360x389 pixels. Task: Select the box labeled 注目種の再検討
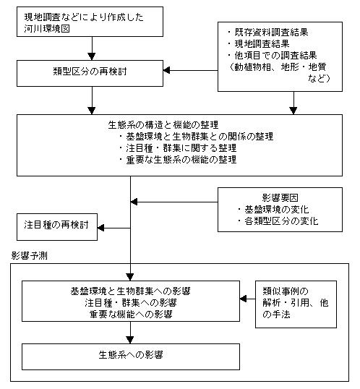point(57,227)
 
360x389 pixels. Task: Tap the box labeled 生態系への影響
point(131,356)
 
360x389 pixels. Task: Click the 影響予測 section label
point(29,255)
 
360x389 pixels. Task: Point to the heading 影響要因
point(280,197)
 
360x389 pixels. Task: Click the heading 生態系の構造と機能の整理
point(163,124)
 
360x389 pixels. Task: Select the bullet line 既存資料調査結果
point(267,33)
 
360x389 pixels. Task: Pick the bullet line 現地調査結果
point(258,44)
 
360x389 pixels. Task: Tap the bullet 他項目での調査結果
point(273,56)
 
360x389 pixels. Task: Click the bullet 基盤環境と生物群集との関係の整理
point(196,136)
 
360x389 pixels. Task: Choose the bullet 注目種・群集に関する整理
point(178,148)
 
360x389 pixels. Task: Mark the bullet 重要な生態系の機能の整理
point(178,160)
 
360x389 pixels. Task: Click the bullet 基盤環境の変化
point(273,210)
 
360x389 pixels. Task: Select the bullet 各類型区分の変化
point(278,221)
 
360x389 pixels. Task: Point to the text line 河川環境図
point(47,28)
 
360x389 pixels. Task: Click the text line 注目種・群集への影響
point(131,303)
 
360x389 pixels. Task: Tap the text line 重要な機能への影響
point(131,315)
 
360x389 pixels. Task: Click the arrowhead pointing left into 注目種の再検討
point(100,228)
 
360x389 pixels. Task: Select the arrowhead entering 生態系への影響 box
point(130,340)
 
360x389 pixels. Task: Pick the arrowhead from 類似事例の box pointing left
point(243,299)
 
